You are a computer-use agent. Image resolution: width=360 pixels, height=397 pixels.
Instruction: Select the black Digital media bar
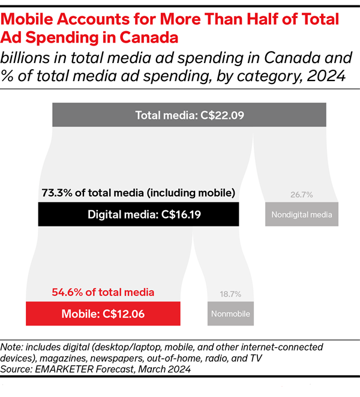pyautogui.click(x=138, y=214)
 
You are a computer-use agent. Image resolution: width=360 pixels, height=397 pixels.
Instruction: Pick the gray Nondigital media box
pyautogui.click(x=302, y=214)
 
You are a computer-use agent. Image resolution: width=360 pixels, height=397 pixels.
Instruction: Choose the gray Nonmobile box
pyautogui.click(x=231, y=313)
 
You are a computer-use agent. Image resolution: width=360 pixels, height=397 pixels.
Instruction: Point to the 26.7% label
pyautogui.click(x=302, y=195)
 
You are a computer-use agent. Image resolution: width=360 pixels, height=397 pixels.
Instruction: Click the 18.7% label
pyautogui.click(x=231, y=294)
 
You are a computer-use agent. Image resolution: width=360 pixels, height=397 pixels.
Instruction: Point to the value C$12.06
pyautogui.click(x=124, y=313)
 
